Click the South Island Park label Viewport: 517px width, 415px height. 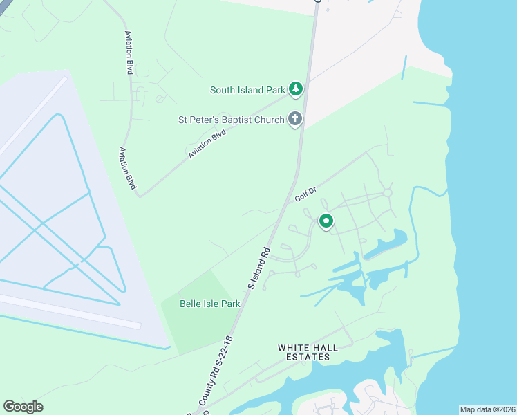(248, 90)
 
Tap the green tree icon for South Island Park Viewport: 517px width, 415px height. (296, 89)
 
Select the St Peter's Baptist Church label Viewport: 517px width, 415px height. (231, 120)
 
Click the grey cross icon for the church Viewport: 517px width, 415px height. (295, 119)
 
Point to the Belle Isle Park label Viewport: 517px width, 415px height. (209, 304)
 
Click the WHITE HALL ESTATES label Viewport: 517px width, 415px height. (308, 352)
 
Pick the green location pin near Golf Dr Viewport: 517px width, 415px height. (326, 221)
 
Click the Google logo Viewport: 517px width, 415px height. (23, 407)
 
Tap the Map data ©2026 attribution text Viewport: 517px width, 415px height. (487, 409)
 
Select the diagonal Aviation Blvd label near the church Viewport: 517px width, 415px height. (207, 145)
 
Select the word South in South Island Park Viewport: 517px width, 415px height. (224, 90)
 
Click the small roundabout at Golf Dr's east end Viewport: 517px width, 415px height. (387, 192)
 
